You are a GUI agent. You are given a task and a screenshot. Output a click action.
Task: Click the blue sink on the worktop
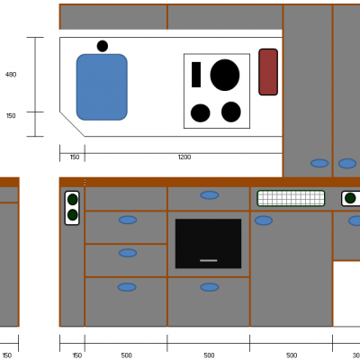click(x=102, y=87)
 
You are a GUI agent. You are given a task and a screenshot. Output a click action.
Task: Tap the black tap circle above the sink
click(x=103, y=46)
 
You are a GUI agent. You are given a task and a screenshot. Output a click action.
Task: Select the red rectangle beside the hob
click(x=268, y=72)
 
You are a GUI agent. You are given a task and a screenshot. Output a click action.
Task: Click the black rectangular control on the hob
click(x=196, y=75)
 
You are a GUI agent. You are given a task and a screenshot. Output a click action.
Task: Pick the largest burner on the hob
click(x=225, y=75)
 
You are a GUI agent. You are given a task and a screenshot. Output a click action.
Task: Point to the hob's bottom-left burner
click(x=200, y=113)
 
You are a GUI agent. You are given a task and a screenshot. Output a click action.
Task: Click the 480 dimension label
click(x=11, y=75)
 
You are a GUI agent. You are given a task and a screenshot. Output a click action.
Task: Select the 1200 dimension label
click(x=184, y=157)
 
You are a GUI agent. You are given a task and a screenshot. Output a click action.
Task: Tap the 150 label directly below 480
click(x=11, y=115)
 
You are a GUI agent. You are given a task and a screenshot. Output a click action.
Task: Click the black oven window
click(x=208, y=243)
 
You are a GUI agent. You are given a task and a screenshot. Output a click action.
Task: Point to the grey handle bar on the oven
click(x=209, y=260)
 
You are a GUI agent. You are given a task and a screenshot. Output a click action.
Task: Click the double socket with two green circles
click(x=72, y=208)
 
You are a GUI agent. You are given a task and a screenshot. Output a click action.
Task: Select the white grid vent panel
click(x=291, y=198)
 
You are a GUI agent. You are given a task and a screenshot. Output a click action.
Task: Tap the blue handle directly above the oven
click(x=210, y=195)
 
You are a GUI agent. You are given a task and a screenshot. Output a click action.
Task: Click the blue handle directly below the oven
click(x=210, y=287)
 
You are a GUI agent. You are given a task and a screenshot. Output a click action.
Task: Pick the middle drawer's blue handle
click(x=128, y=253)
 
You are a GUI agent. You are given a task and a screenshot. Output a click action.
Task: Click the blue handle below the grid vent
click(x=264, y=220)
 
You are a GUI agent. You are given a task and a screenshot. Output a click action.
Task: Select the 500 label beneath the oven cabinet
click(x=209, y=355)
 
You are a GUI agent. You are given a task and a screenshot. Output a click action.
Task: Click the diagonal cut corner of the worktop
click(x=72, y=124)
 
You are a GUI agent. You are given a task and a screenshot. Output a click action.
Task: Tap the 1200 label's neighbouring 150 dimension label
click(x=75, y=157)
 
